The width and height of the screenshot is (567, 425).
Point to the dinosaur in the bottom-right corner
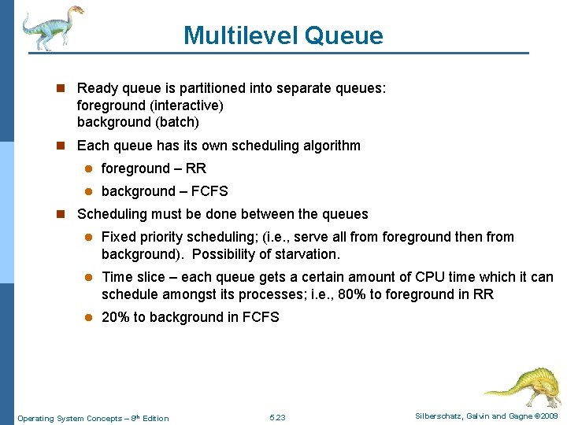click(523, 385)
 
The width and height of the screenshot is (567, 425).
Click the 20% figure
click(115, 317)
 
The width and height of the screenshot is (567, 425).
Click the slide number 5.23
click(277, 417)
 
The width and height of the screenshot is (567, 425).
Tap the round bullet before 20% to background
click(91, 318)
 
